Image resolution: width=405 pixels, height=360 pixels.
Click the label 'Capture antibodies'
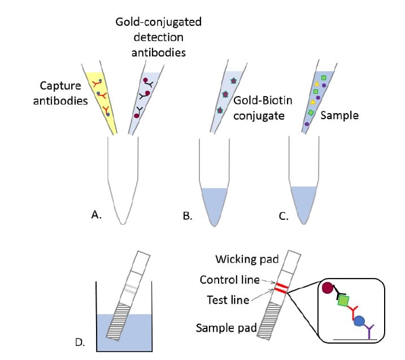64,93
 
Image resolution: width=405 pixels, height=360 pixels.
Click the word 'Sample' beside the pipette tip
339,115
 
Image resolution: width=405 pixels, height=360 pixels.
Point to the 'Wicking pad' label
247,259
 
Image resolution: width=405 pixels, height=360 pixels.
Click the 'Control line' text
229,280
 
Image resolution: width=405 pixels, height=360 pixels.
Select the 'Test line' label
228,300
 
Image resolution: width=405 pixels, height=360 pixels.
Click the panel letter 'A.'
96,214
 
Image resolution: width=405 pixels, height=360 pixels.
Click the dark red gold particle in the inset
328,289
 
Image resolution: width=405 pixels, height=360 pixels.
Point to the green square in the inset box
342,301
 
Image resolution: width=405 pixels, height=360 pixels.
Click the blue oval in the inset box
359,322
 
